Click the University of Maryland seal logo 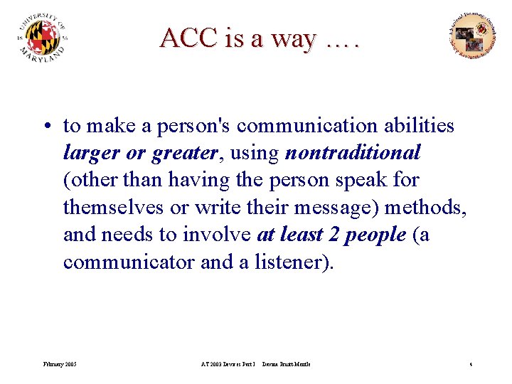click(43, 38)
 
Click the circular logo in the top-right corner click(472, 35)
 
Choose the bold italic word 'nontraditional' click(353, 153)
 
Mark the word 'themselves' click(109, 207)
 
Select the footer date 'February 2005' click(59, 365)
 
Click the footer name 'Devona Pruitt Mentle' click(286, 365)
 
